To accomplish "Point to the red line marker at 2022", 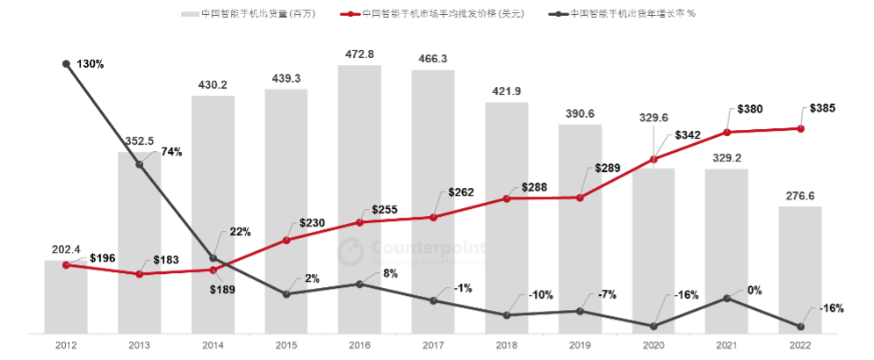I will click(x=800, y=129).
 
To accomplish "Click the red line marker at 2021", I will click(x=726, y=133).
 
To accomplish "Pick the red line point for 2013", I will click(x=139, y=274).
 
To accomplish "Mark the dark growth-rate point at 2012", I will click(x=66, y=64).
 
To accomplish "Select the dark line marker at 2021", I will click(x=726, y=298).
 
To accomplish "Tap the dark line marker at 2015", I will click(x=286, y=294).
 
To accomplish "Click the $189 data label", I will click(x=223, y=290).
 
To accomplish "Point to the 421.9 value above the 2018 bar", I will click(x=506, y=91).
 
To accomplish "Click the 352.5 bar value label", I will click(x=139, y=141).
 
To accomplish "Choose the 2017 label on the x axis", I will click(x=432, y=346).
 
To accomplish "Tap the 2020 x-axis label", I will click(x=653, y=346).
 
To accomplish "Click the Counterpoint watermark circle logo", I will click(x=351, y=253).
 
